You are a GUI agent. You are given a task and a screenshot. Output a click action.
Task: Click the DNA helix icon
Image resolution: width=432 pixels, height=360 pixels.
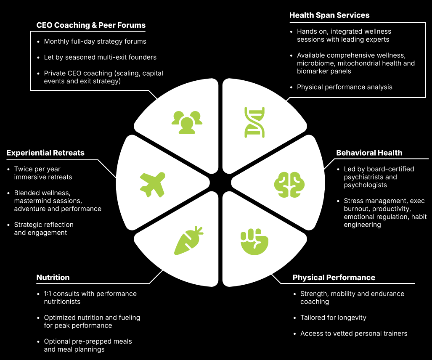click(x=254, y=122)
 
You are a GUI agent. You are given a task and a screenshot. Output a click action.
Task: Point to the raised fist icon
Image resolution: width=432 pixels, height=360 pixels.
click(x=254, y=243)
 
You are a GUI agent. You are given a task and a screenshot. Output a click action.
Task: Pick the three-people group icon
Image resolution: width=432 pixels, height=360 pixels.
click(x=187, y=122)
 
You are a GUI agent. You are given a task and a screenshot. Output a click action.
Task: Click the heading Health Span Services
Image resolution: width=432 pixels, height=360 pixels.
click(x=329, y=15)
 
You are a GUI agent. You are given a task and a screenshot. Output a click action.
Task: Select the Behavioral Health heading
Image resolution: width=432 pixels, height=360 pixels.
click(x=369, y=153)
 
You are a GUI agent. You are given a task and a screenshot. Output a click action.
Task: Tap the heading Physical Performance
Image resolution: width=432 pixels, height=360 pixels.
click(x=334, y=278)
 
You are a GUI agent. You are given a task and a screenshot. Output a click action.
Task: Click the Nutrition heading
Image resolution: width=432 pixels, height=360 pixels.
click(x=53, y=278)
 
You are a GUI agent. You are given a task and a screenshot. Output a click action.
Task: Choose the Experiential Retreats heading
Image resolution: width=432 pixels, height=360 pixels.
click(x=45, y=153)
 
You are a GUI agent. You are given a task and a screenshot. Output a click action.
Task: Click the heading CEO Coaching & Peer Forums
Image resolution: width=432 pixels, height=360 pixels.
click(x=91, y=25)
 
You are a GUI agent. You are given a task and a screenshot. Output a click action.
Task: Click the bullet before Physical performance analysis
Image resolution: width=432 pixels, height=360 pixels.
click(x=292, y=87)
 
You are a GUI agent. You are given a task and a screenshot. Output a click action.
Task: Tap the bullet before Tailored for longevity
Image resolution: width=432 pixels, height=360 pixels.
click(x=295, y=318)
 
